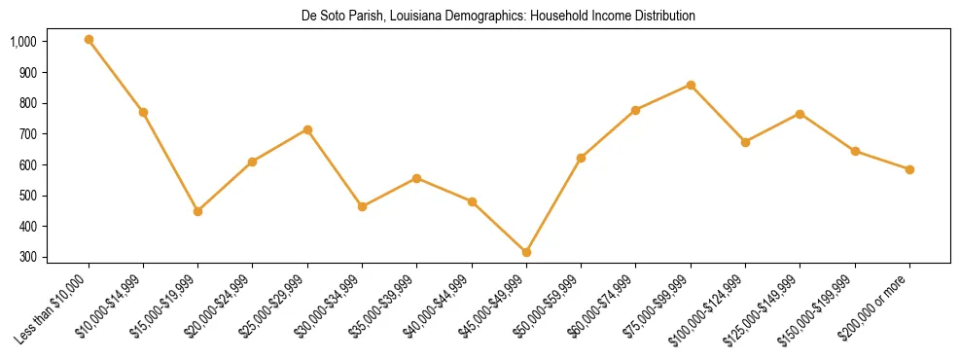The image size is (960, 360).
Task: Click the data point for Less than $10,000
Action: point(89,40)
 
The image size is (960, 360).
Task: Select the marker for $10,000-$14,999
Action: point(143,112)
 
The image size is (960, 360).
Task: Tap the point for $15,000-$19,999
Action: point(198,211)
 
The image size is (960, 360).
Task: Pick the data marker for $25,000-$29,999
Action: point(307,129)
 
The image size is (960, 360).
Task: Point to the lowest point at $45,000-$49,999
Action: point(526,252)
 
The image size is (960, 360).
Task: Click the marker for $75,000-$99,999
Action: point(691,85)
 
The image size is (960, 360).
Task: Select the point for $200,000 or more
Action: point(909,169)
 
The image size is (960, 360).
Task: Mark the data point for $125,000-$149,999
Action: point(800,114)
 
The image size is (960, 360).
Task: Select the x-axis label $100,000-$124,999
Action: point(710,307)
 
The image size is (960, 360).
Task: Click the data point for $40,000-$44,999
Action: point(472,201)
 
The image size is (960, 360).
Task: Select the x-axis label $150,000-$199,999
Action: point(824,307)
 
